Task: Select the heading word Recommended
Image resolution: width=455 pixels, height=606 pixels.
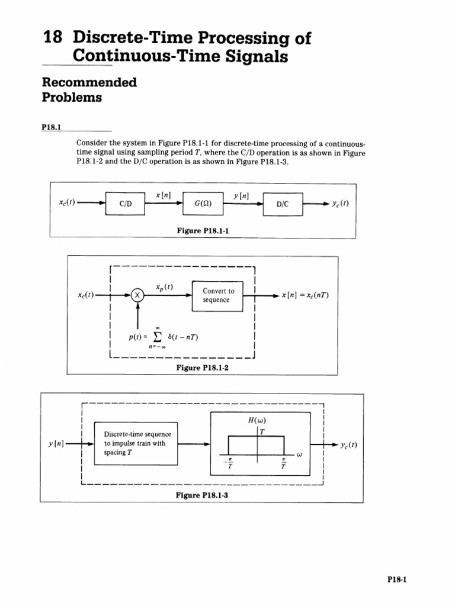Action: pyautogui.click(x=89, y=82)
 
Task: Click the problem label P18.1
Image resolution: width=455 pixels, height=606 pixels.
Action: pyautogui.click(x=52, y=127)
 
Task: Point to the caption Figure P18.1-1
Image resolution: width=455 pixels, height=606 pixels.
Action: pyautogui.click(x=203, y=231)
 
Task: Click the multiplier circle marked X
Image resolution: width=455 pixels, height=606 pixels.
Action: pyautogui.click(x=137, y=295)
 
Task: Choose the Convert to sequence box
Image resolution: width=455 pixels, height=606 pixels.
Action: pyautogui.click(x=218, y=295)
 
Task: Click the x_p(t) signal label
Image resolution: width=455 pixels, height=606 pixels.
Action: pyautogui.click(x=164, y=287)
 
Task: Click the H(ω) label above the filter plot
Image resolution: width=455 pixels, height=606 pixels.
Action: pyautogui.click(x=258, y=421)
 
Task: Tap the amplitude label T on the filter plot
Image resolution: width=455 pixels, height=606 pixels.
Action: pyautogui.click(x=262, y=431)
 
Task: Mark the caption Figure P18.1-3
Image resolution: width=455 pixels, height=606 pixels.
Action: pyautogui.click(x=202, y=496)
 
